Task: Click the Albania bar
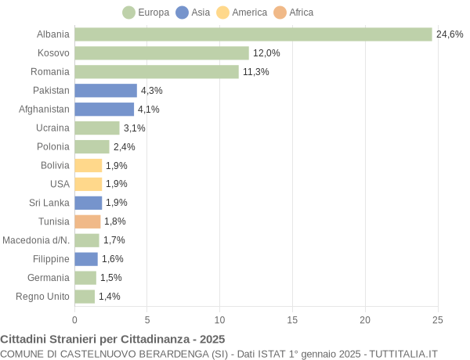pyautogui.click(x=253, y=34)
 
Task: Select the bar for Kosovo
pyautogui.click(x=161, y=53)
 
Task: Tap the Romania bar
pyautogui.click(x=157, y=72)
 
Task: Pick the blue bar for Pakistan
pyautogui.click(x=106, y=91)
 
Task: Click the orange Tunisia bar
pyautogui.click(x=88, y=221)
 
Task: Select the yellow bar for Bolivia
pyautogui.click(x=89, y=165)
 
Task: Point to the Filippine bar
pyautogui.click(x=86, y=259)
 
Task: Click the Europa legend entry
pyautogui.click(x=146, y=13)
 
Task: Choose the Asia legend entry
pyautogui.click(x=193, y=13)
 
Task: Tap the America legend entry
pyautogui.click(x=242, y=13)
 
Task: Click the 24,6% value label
pyautogui.click(x=450, y=34)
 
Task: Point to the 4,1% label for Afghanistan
pyautogui.click(x=149, y=110)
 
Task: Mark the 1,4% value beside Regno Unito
pyautogui.click(x=110, y=297)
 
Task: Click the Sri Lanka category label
pyautogui.click(x=49, y=203)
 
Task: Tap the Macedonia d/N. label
pyautogui.click(x=36, y=240)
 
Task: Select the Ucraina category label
pyautogui.click(x=52, y=128)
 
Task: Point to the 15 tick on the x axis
pyautogui.click(x=292, y=319)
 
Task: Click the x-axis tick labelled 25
pyautogui.click(x=437, y=319)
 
